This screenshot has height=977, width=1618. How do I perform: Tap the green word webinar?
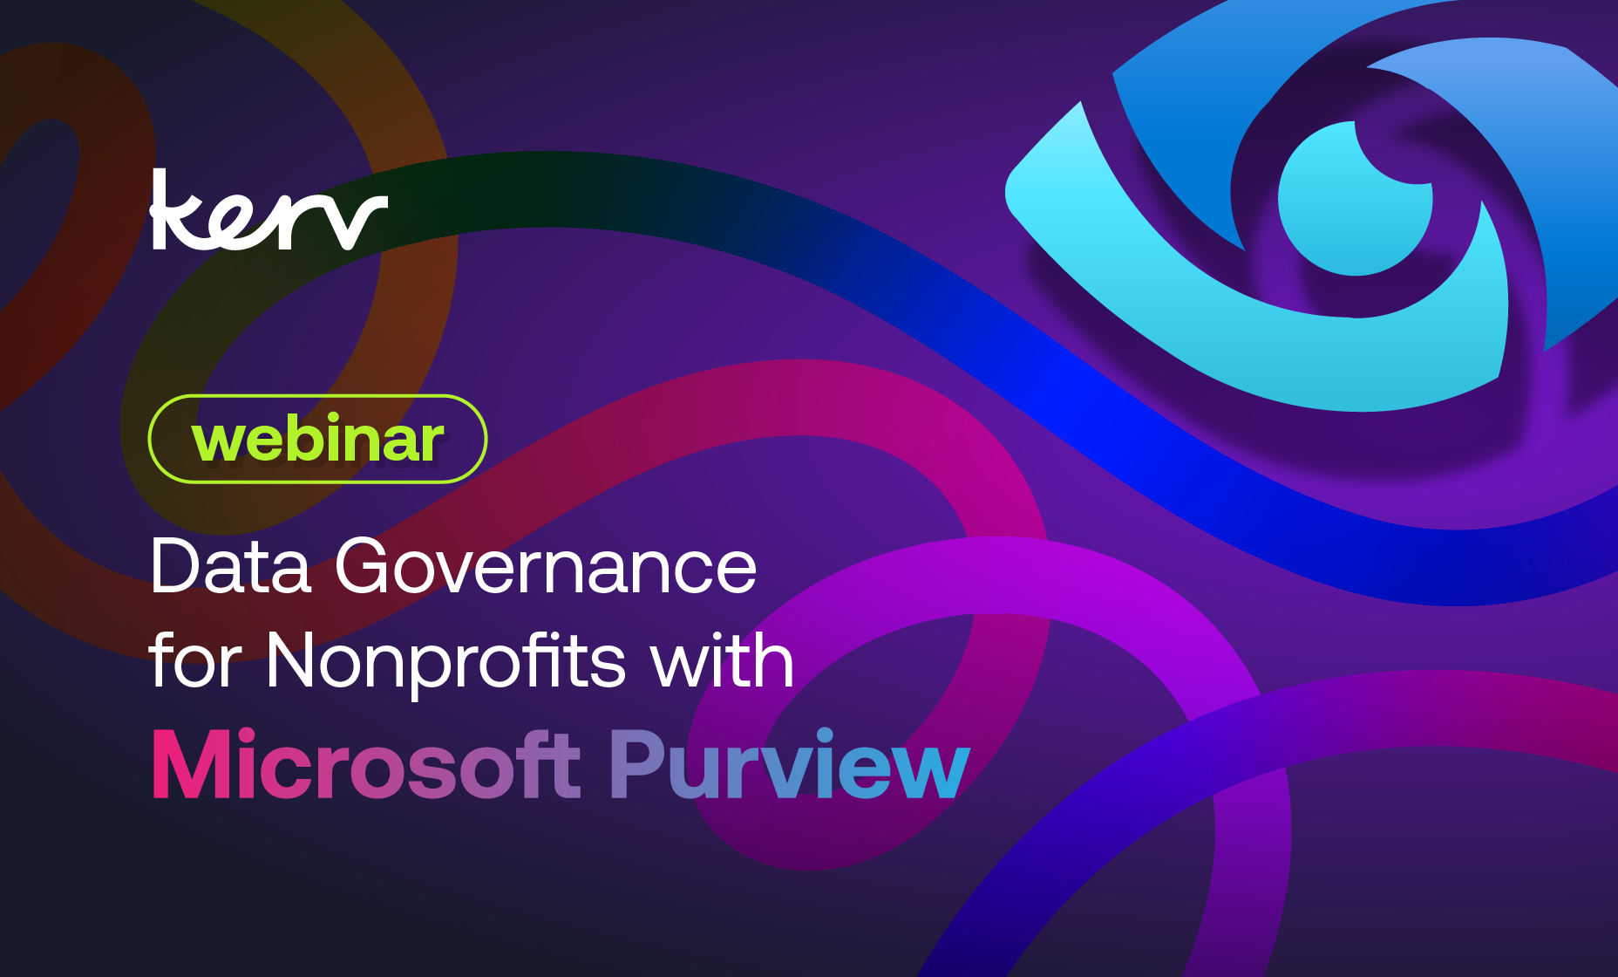pyautogui.click(x=317, y=440)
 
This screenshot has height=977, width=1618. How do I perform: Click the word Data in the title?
pyautogui.click(x=230, y=567)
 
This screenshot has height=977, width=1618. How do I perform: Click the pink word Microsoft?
pyautogui.click(x=366, y=766)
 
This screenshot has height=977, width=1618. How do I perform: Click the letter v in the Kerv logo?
pyautogui.click(x=359, y=222)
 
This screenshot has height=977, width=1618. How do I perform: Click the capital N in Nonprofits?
pyautogui.click(x=296, y=660)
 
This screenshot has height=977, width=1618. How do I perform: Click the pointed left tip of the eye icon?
pyautogui.click(x=1012, y=192)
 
